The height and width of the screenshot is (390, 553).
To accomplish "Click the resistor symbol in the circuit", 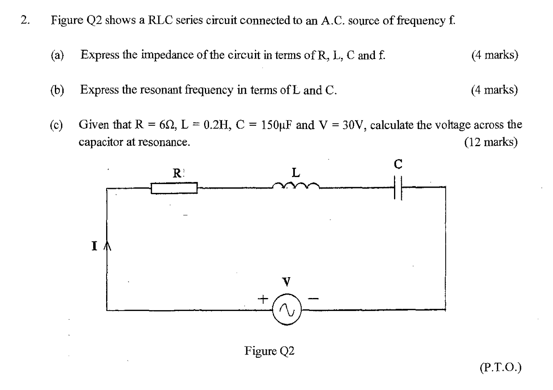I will click(x=174, y=188).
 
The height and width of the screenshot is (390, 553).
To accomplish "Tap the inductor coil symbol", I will click(x=296, y=186).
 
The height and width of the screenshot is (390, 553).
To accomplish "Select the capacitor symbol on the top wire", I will click(x=398, y=188).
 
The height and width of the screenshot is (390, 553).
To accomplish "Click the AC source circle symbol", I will click(x=287, y=310).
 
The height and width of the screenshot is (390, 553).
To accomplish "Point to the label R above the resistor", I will click(x=177, y=173).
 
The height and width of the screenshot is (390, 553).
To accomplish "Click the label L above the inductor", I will click(x=296, y=173).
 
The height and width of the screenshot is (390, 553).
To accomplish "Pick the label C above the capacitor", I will click(x=398, y=164).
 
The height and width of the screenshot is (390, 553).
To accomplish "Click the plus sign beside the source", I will click(x=263, y=299).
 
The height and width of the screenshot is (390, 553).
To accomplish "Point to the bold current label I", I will click(x=95, y=246).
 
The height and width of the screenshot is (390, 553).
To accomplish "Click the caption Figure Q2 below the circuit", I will click(x=269, y=351).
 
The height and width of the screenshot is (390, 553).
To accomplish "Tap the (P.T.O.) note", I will click(x=500, y=368).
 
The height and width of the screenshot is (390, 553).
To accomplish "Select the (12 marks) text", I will click(x=490, y=142).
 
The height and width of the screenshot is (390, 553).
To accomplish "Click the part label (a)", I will click(x=57, y=55).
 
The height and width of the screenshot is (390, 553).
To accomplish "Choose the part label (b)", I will click(x=57, y=90).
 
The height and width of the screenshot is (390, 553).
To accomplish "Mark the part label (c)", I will click(x=57, y=125).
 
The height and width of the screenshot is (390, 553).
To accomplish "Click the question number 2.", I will click(x=25, y=20).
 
